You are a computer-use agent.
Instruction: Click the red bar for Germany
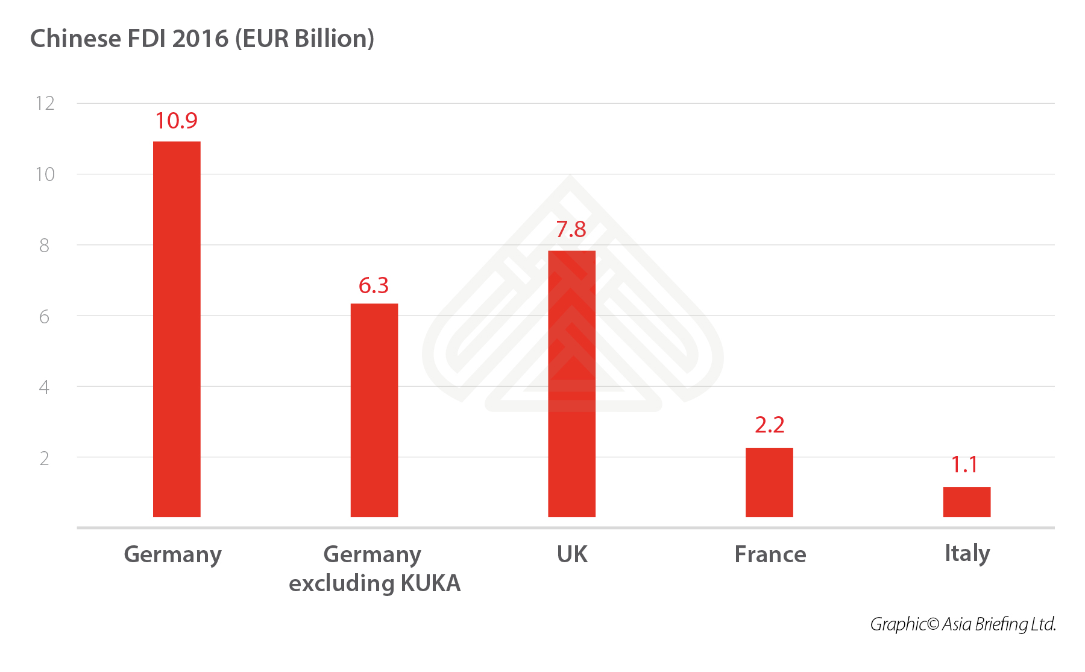[x=177, y=329]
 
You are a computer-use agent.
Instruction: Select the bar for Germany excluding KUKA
[x=374, y=410]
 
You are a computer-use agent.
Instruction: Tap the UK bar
[x=571, y=384]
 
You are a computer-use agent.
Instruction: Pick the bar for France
[x=769, y=482]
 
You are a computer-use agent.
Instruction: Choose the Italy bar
[x=966, y=501]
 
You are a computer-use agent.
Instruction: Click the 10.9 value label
[x=176, y=121]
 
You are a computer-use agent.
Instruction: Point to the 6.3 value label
[x=374, y=285]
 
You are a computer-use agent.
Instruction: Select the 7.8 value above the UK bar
[x=571, y=229]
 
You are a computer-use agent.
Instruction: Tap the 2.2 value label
[x=769, y=425]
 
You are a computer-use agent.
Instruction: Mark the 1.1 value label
[x=964, y=464]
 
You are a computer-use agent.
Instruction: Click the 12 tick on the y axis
[x=45, y=103]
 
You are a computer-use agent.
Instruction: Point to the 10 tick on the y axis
[x=45, y=174]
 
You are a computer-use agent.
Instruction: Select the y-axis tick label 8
[x=44, y=246]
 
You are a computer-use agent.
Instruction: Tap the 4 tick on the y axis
[x=44, y=387]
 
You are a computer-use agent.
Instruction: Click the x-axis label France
[x=770, y=554]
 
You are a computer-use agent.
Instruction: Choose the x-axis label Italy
[x=967, y=554]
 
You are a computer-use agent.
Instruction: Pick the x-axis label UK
[x=571, y=554]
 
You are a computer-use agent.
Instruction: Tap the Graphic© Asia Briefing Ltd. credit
[x=963, y=624]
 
